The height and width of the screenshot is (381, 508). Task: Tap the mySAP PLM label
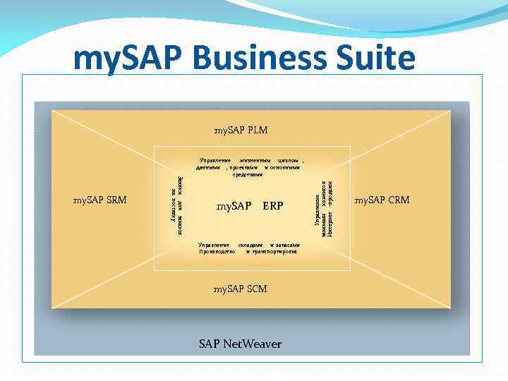[241, 131]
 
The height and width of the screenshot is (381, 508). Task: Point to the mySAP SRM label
[100, 200]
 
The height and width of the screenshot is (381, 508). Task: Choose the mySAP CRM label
[382, 200]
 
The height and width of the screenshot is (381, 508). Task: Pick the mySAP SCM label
[241, 289]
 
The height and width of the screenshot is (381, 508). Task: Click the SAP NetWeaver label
[240, 344]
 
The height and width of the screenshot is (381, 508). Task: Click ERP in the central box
[272, 207]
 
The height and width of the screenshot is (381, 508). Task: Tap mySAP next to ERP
[234, 207]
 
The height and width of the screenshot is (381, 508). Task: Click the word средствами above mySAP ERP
[248, 174]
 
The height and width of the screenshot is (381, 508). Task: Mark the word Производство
[217, 251]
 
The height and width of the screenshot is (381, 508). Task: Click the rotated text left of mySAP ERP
[176, 205]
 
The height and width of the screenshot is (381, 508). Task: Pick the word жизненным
[255, 161]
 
